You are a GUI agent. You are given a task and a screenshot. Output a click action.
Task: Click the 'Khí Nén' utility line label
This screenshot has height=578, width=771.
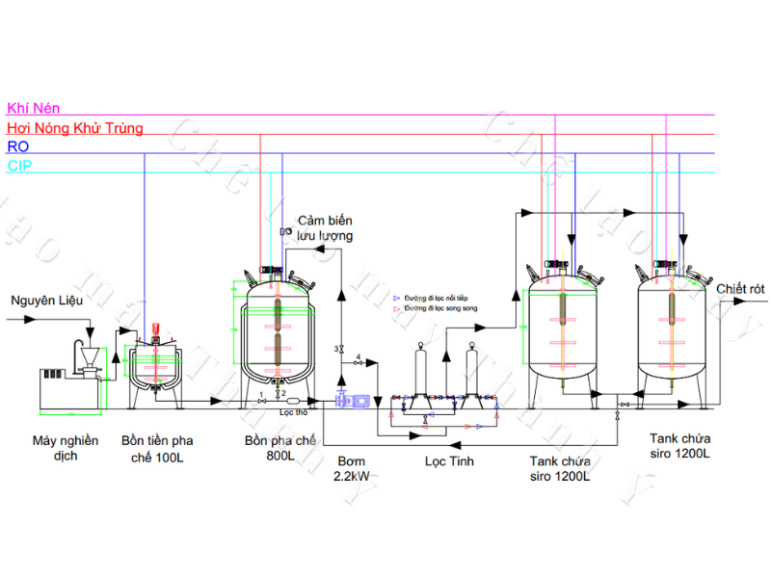tap(28, 109)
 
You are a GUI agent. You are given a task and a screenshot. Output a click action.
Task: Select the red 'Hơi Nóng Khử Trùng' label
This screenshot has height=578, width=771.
tap(74, 127)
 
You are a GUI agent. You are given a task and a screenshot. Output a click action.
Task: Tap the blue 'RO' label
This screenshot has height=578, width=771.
tap(17, 146)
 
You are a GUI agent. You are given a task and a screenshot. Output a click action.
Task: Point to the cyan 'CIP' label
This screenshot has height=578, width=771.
tap(19, 166)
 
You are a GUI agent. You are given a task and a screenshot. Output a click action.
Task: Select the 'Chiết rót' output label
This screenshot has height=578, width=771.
tap(740, 288)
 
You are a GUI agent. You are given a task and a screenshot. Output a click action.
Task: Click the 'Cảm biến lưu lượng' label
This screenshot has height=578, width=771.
tap(325, 227)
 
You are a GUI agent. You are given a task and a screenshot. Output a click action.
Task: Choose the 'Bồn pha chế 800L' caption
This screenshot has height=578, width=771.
tap(279, 449)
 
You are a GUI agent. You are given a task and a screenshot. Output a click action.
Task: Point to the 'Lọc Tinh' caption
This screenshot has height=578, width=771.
tap(450, 461)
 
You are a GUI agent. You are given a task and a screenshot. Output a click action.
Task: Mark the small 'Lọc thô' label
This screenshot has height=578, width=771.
tap(292, 411)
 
